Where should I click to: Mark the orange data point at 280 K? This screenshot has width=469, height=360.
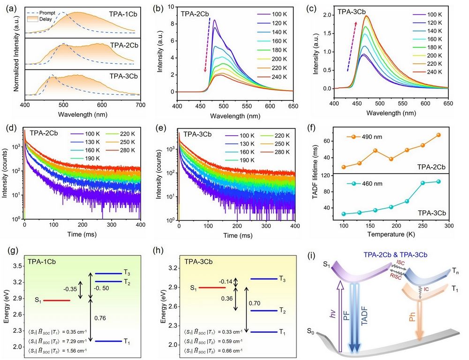[439, 135]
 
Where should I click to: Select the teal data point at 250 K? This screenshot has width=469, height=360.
[423, 183]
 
